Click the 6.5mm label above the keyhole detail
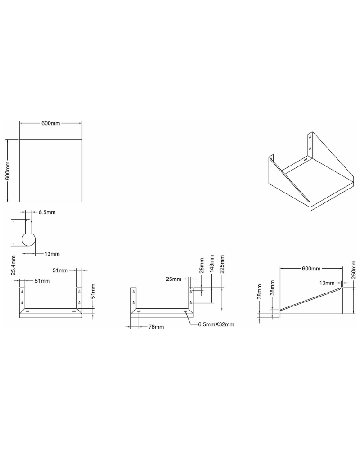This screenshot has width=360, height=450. tap(47, 211)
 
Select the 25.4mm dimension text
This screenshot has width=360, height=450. tap(13, 265)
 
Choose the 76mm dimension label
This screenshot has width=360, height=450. tap(156, 327)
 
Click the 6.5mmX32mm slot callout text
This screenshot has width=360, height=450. tap(216, 324)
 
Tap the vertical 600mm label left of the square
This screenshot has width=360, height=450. tap(8, 171)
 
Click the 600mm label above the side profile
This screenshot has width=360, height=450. tap(311, 269)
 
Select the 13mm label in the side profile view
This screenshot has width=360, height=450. tap(327, 283)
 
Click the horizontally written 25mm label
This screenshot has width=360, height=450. tap(173, 279)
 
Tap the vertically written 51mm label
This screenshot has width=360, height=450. tap(93, 292)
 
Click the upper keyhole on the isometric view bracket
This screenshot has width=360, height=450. tap(310, 138)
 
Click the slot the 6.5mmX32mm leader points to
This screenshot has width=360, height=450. tap(185, 311)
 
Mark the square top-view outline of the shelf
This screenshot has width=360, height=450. tap(51, 171)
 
